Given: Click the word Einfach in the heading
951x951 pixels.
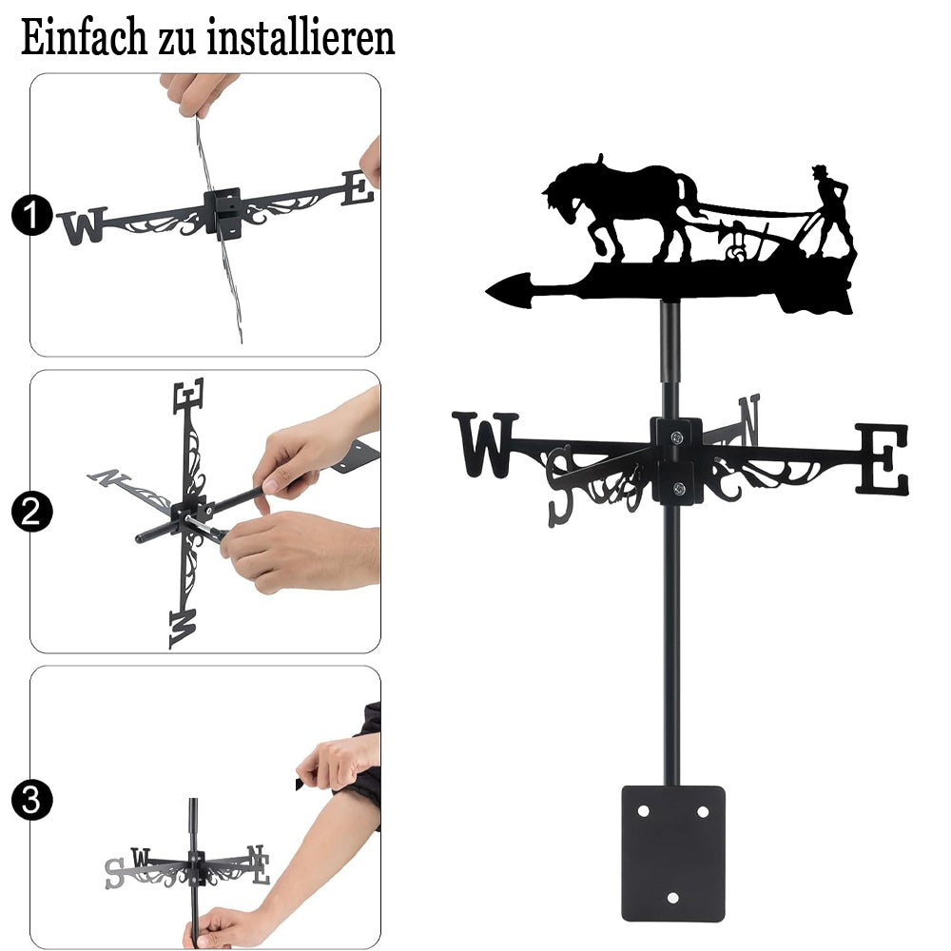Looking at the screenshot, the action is pos(84,38).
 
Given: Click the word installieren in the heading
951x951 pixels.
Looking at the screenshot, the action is pos(301,38).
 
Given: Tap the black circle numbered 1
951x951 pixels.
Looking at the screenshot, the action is pos(31,215).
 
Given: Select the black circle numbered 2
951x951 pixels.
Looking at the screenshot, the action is pos(31,512).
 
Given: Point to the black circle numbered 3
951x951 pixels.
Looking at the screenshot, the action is pos(31,800).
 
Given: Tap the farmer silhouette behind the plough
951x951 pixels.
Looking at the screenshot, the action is pos(832,209).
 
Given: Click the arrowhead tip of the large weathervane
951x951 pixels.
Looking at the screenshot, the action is pos(486,291).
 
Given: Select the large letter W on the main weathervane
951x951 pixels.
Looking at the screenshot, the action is pos(485,444).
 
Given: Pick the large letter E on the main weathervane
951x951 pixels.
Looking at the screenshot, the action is pos(883,459).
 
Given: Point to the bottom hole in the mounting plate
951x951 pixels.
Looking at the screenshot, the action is pos(672,898).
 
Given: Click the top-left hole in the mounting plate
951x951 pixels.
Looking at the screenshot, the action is pos(643,811).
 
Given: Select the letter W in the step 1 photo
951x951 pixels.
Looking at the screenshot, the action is pos(83,225).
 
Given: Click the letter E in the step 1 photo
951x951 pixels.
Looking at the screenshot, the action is pos(358,188).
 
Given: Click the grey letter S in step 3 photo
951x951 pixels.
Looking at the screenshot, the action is pos(115,873).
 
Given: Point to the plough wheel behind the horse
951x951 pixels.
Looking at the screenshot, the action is pos(738,252).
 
